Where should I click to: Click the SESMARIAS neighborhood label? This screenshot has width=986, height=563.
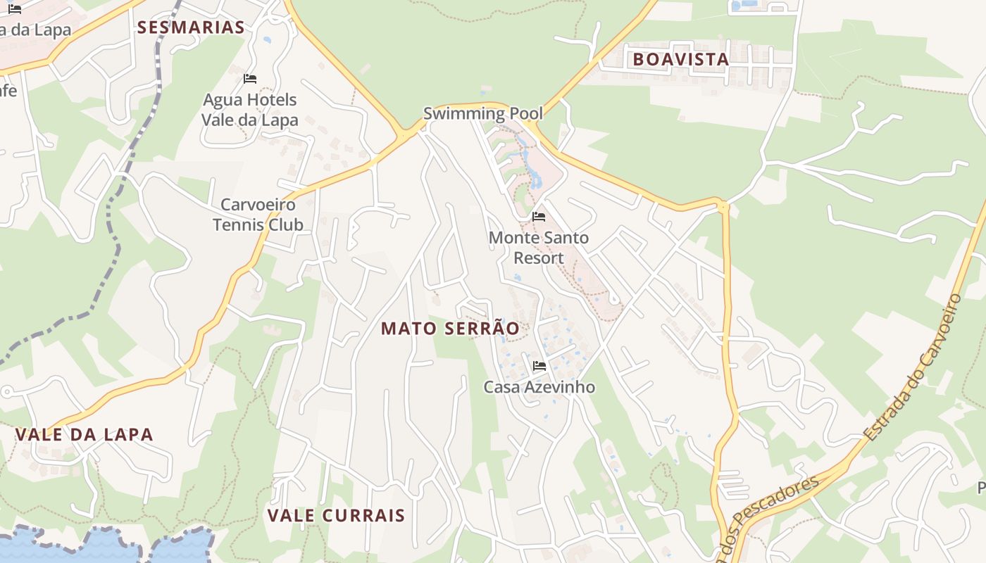coord(191,27)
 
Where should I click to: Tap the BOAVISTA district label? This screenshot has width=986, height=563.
coord(680,59)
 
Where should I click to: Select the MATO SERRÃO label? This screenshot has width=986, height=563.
coord(450,328)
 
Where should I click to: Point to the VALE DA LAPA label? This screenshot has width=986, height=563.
coord(84,434)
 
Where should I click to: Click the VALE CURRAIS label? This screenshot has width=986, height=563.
coord(336,515)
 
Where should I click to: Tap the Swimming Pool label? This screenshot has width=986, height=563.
coord(483,113)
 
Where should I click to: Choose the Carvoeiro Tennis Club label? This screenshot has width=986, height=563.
coord(258,215)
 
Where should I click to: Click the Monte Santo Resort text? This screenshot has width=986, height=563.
coord(539,248)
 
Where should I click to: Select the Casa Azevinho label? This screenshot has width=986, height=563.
coord(539,387)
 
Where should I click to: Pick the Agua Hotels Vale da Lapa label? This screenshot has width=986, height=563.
coord(250,110)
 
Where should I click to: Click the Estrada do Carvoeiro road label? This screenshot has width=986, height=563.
coord(914,367)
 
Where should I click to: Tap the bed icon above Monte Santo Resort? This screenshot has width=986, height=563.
coord(539,217)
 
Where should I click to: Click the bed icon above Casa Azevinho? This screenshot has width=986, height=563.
coord(539,365)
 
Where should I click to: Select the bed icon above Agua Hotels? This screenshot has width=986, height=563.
coord(250,78)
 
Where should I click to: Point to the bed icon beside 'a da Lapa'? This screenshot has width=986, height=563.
coord(15,9)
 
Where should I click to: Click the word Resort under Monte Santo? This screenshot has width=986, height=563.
coord(539,258)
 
